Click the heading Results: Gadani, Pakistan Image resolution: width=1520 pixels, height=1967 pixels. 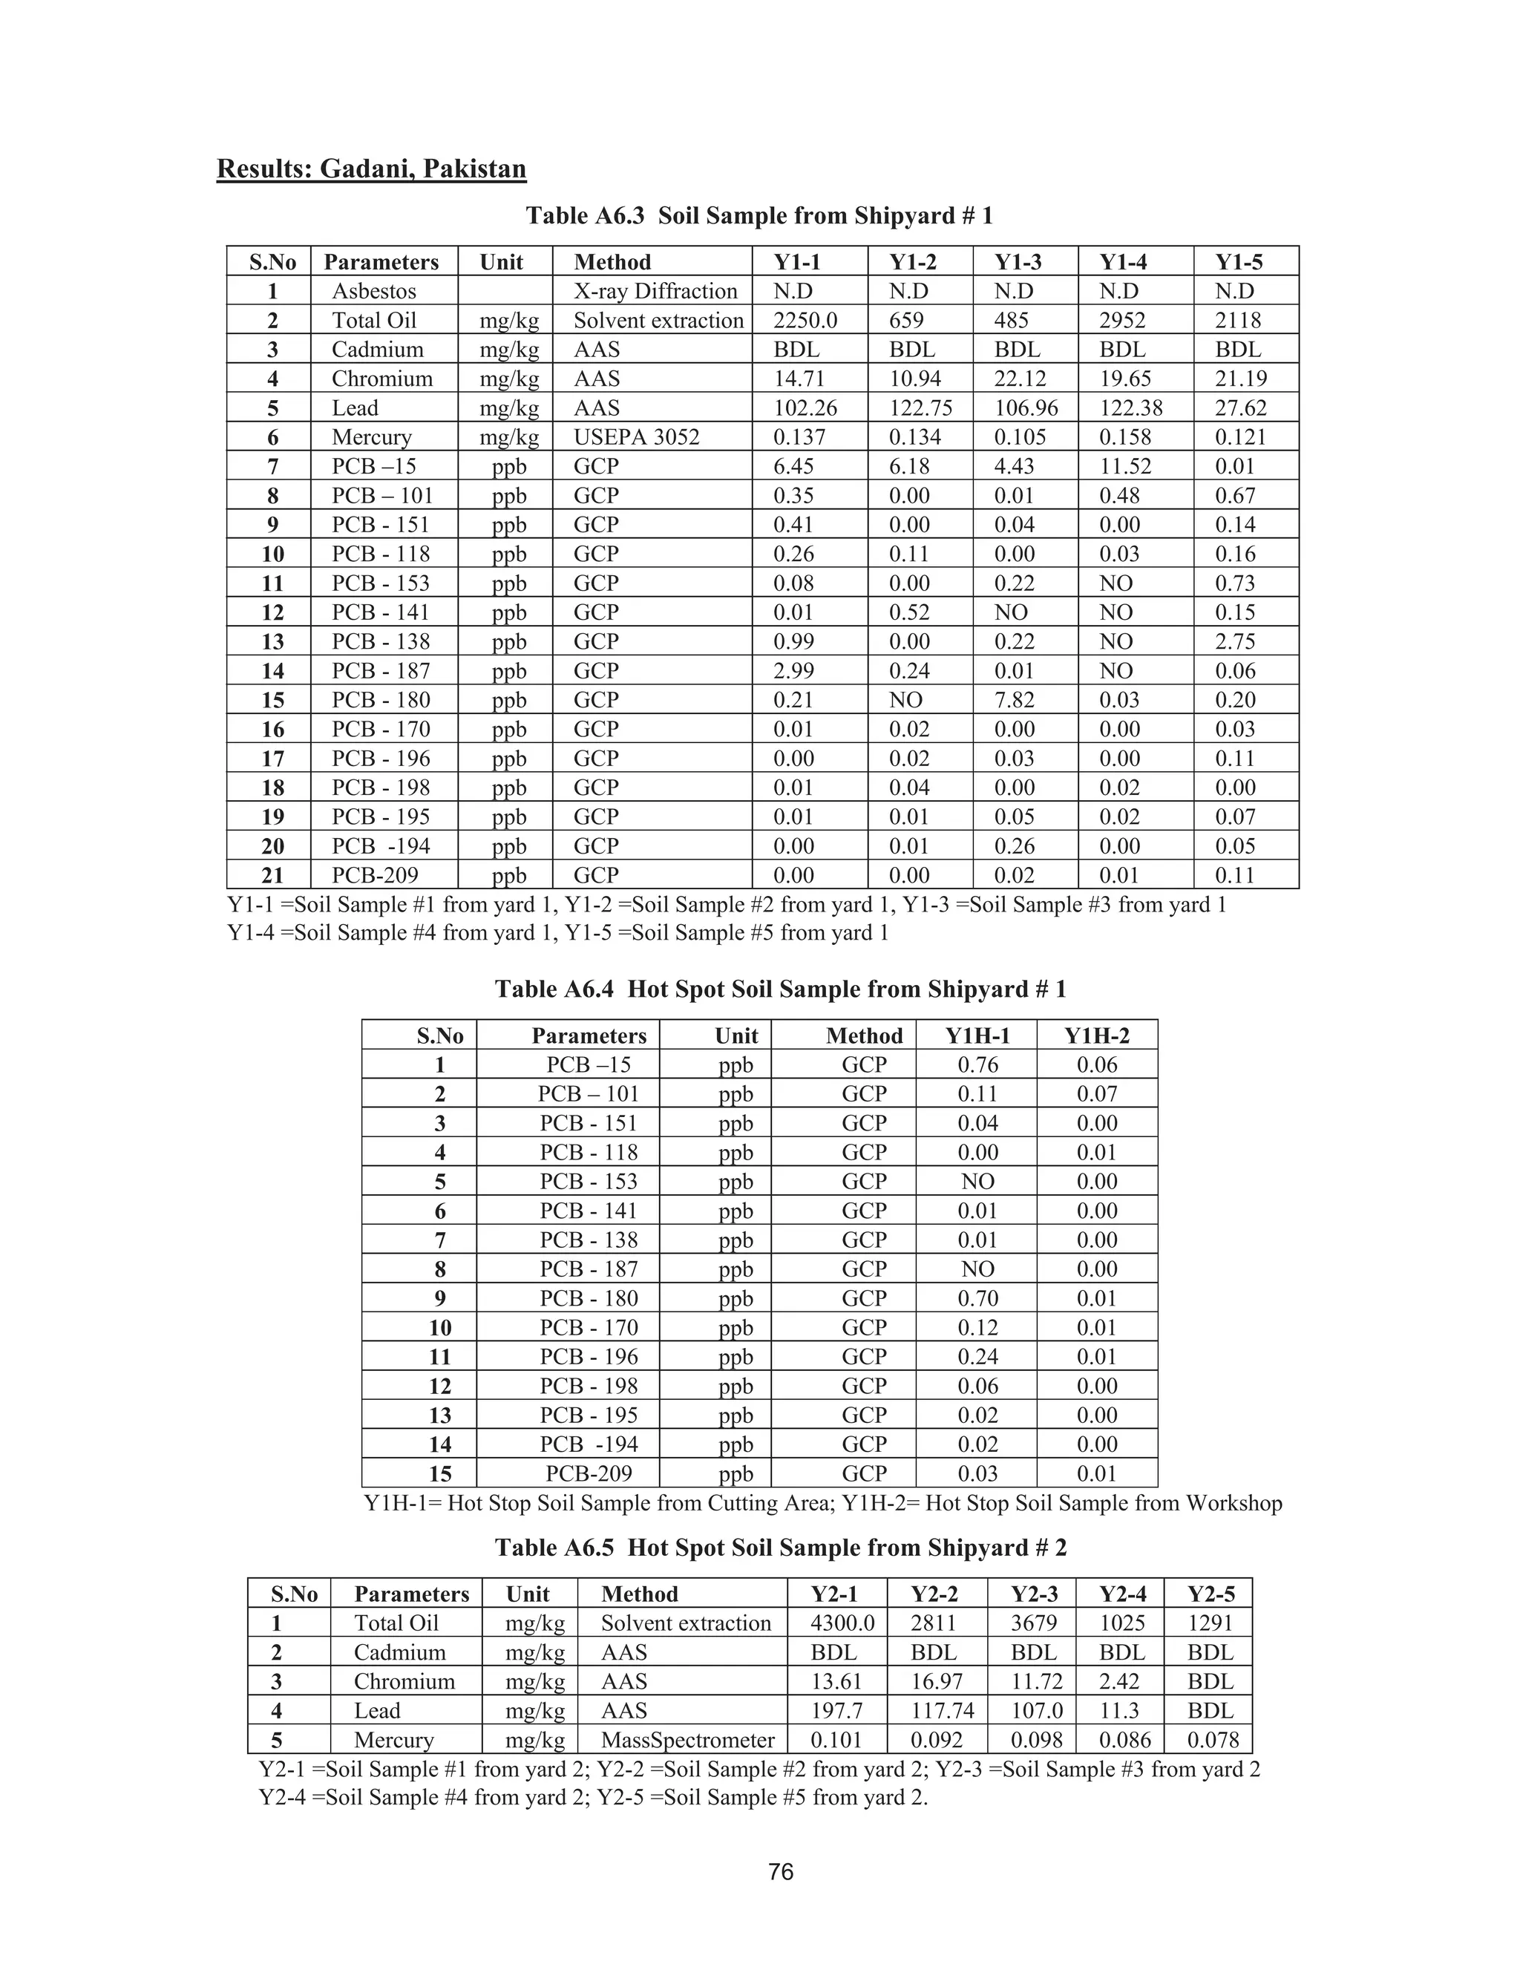[x=371, y=169]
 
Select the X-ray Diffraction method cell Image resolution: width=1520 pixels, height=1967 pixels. [x=655, y=291]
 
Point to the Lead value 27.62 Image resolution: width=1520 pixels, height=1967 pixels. [x=1241, y=408]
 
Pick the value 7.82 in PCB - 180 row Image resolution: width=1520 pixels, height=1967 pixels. [x=1014, y=701]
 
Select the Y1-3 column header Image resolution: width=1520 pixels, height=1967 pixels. [x=1018, y=262]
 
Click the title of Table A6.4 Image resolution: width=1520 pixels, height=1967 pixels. [x=780, y=989]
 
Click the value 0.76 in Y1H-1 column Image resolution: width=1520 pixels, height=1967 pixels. [x=978, y=1065]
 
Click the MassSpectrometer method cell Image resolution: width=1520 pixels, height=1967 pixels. [x=688, y=1741]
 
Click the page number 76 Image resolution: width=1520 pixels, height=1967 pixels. [x=781, y=1873]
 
